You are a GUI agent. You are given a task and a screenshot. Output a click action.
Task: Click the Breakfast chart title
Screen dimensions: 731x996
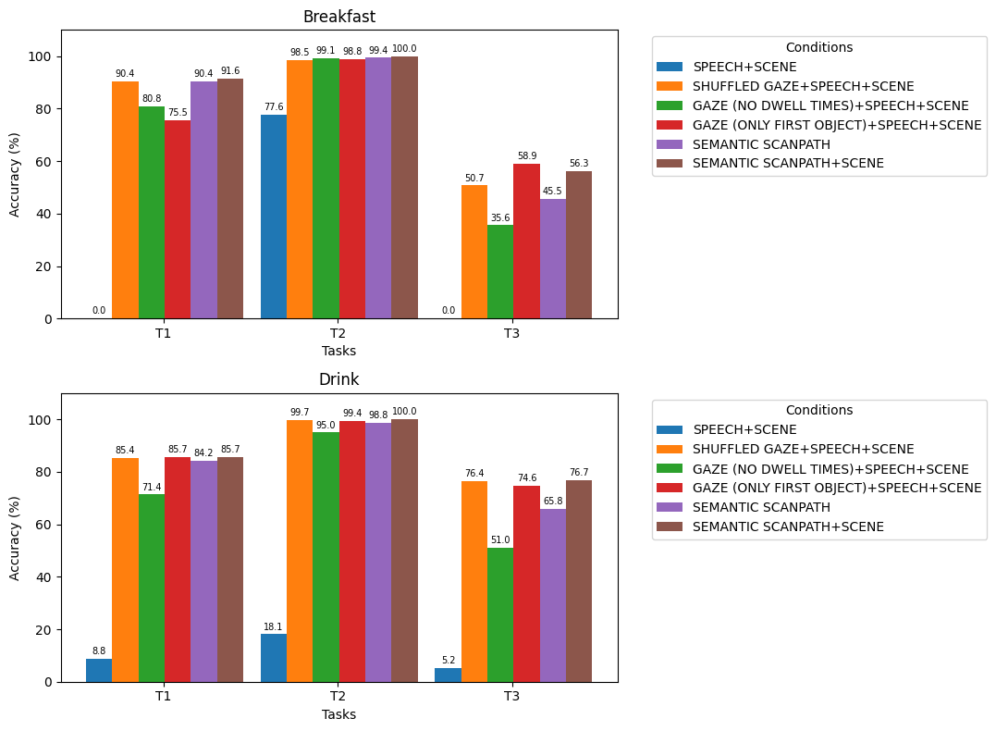pyautogui.click(x=338, y=17)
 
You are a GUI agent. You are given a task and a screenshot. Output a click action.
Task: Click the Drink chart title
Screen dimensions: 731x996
pyautogui.click(x=338, y=379)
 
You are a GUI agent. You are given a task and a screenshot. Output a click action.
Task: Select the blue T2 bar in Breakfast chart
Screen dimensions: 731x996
pyautogui.click(x=274, y=217)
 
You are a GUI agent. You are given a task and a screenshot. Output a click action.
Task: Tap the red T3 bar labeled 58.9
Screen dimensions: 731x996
pyautogui.click(x=526, y=242)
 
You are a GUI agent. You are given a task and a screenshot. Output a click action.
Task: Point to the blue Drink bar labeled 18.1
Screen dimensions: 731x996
pyautogui.click(x=274, y=658)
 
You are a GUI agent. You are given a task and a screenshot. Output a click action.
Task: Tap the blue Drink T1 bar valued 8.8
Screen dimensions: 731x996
pyautogui.click(x=99, y=670)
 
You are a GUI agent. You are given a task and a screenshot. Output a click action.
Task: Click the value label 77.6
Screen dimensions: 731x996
pyautogui.click(x=274, y=106)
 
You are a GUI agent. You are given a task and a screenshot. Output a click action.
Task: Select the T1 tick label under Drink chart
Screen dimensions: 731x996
pyautogui.click(x=164, y=696)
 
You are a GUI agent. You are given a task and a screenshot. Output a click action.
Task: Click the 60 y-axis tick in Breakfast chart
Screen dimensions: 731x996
pyautogui.click(x=43, y=161)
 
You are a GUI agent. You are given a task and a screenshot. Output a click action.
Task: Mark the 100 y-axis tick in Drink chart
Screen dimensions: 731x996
pyautogui.click(x=40, y=419)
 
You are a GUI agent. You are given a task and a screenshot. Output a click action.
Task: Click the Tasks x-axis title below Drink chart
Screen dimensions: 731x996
pyautogui.click(x=338, y=714)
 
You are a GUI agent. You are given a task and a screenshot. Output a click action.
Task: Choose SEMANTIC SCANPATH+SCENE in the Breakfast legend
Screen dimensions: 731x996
pyautogui.click(x=788, y=163)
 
